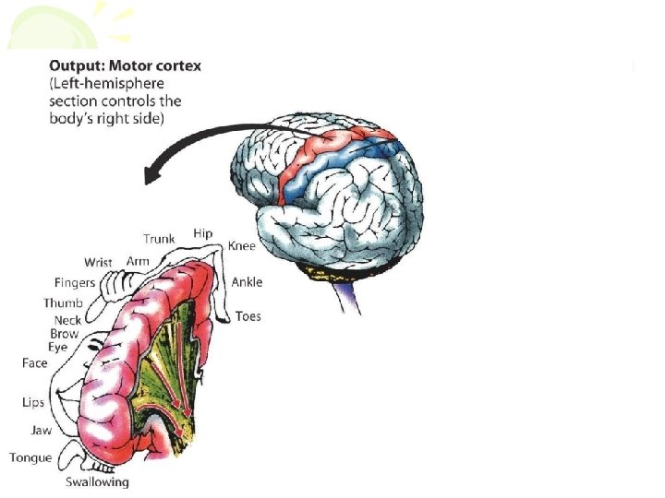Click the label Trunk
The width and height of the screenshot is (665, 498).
click(x=159, y=239)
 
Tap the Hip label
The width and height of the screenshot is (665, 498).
click(x=203, y=234)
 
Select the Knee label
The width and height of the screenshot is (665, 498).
click(x=241, y=246)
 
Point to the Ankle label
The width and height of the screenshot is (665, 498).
click(x=247, y=282)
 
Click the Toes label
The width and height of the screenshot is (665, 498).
click(x=248, y=316)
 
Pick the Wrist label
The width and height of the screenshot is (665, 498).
click(x=98, y=263)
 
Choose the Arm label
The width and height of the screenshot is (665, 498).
click(x=138, y=262)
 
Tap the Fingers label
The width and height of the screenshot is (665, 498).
click(x=75, y=283)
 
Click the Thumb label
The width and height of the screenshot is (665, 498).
click(x=63, y=303)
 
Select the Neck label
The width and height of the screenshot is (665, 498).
click(x=67, y=320)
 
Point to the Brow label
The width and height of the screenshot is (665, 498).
click(x=65, y=334)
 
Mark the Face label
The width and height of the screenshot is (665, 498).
click(x=35, y=363)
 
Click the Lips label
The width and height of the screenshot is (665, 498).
click(x=33, y=402)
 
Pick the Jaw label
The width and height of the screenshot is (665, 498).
click(x=42, y=430)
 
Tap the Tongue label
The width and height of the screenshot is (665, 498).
click(x=30, y=457)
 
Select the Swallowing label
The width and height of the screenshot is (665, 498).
click(x=97, y=481)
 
